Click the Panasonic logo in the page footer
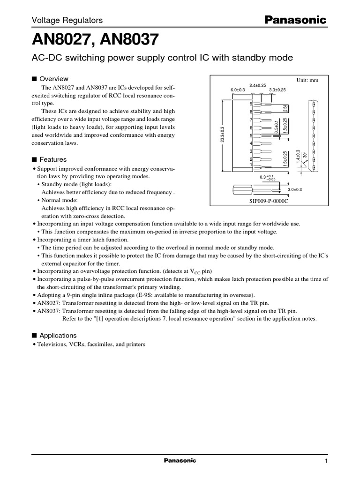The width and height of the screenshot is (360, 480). click(x=180, y=461)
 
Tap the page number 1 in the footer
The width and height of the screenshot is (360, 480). click(x=325, y=461)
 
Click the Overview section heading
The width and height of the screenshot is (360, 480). click(x=54, y=79)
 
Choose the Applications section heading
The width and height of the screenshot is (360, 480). click(x=58, y=336)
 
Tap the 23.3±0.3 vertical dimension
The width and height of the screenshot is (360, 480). click(x=223, y=134)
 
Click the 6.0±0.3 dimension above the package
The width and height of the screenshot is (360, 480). click(x=239, y=90)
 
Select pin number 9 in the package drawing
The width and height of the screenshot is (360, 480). click(x=251, y=103)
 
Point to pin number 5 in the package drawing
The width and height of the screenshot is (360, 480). click(x=251, y=135)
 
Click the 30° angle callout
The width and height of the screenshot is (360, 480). click(x=306, y=155)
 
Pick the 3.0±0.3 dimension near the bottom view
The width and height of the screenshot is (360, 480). click(x=295, y=189)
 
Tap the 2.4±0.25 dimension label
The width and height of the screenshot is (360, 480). click(x=257, y=85)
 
